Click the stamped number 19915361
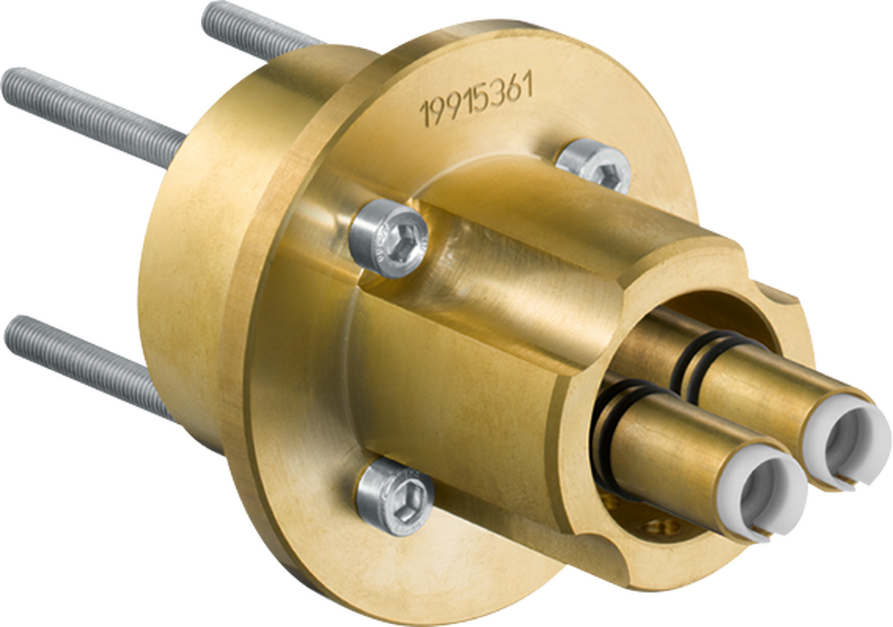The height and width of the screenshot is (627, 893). pos(476,103)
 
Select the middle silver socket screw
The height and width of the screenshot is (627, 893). pos(390,239)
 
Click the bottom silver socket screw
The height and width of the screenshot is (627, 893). pos(395,494)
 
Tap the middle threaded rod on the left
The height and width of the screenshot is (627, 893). pos(89,112)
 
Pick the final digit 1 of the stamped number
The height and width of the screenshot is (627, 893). pos(528,88)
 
